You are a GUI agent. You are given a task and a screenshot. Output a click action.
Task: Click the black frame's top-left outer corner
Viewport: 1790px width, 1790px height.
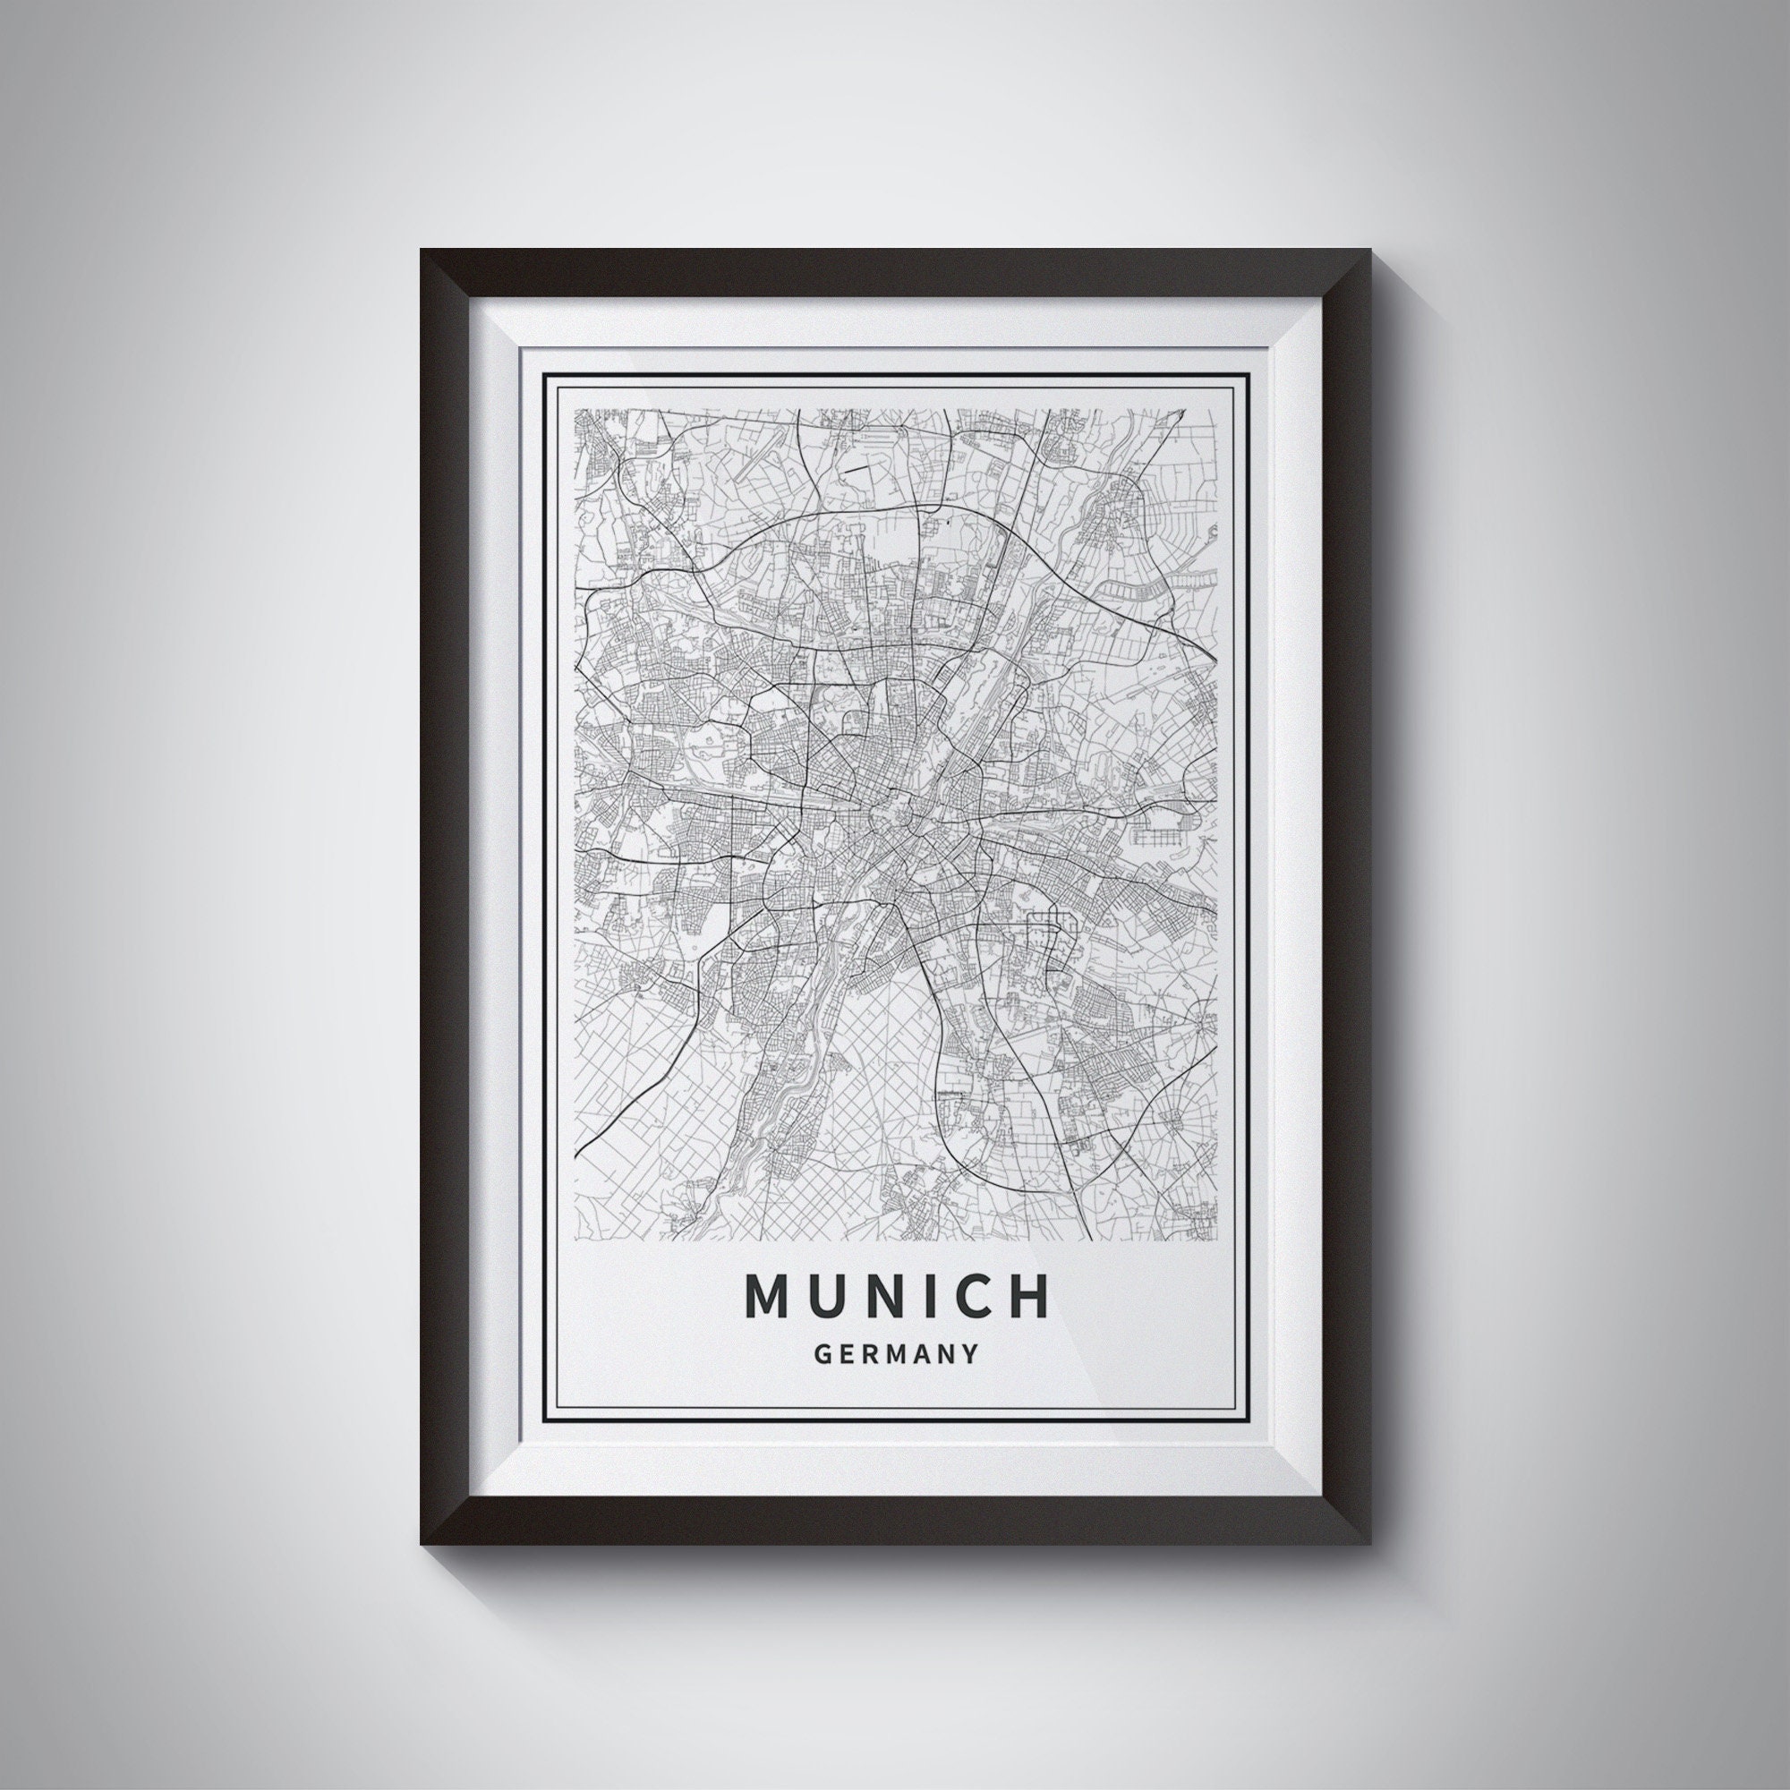point(421,249)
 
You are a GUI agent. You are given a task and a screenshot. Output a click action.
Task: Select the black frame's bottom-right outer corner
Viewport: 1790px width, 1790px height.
point(1370,1544)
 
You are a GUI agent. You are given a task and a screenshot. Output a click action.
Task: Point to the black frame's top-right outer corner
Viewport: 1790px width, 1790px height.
point(1370,249)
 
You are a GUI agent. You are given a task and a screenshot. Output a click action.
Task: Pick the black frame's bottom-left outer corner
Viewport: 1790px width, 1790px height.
point(421,1544)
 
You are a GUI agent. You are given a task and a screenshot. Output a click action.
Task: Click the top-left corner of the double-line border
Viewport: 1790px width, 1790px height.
point(543,373)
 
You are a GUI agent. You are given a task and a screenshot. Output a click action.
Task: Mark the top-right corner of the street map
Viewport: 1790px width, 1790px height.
point(1215,410)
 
